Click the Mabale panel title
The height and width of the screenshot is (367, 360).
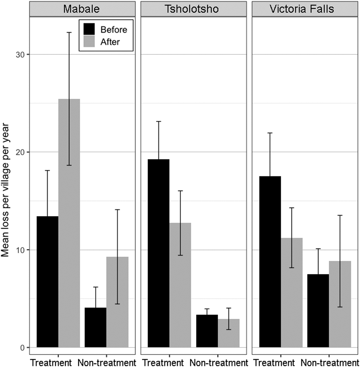pyautogui.click(x=82, y=9)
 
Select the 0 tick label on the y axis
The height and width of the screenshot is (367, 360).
pyautogui.click(x=23, y=348)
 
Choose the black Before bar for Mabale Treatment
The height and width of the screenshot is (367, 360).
pyautogui.click(x=47, y=282)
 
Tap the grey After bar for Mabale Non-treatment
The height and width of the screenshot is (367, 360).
pyautogui.click(x=118, y=302)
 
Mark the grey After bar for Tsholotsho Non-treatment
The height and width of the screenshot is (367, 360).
pyautogui.click(x=229, y=333)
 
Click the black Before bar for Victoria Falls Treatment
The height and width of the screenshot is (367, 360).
pyautogui.click(x=270, y=261)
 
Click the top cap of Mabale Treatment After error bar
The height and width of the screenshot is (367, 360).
pyautogui.click(x=69, y=32)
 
